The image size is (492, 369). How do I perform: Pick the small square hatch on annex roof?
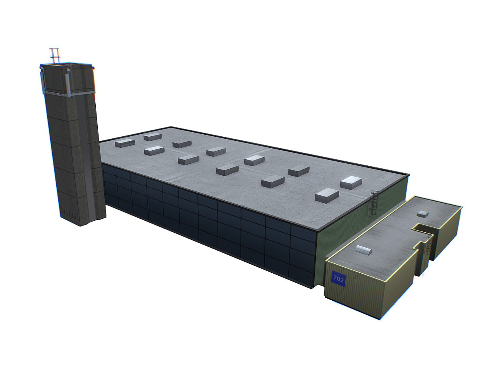423,214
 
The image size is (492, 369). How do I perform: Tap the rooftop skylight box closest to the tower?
125,143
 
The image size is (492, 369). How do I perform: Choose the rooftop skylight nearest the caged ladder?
351,182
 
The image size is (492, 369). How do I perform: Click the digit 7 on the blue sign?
335,278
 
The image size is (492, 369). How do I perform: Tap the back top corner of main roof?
171,127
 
